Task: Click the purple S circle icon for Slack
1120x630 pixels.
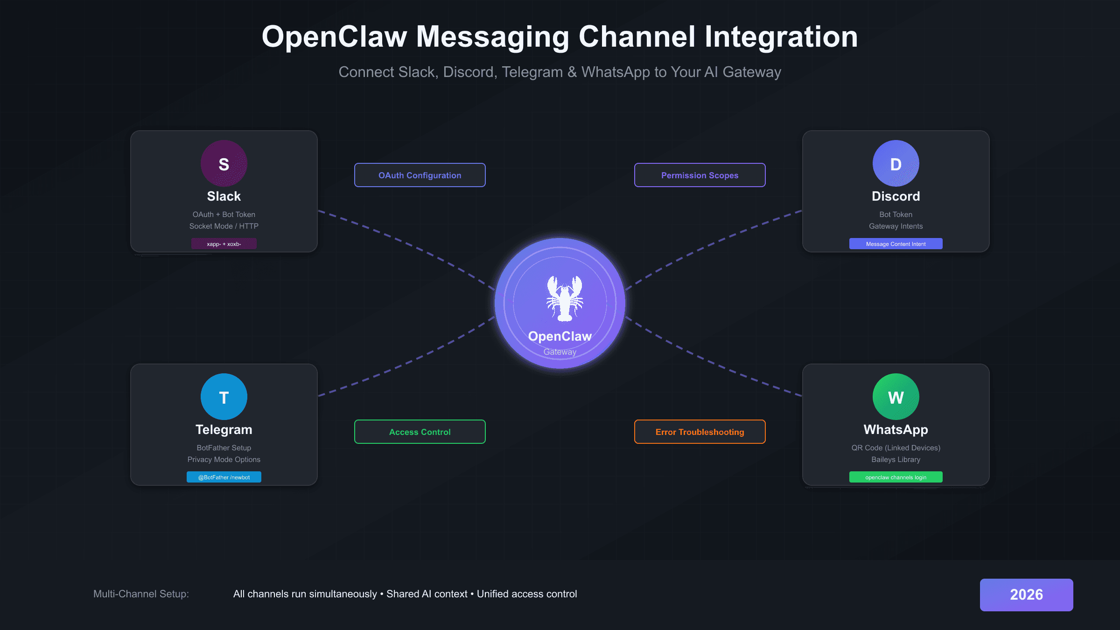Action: (x=224, y=163)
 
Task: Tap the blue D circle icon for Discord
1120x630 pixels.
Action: (x=896, y=163)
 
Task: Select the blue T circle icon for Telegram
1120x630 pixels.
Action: (x=224, y=397)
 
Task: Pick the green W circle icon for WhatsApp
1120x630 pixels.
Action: (x=896, y=397)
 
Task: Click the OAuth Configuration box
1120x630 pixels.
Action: (x=420, y=175)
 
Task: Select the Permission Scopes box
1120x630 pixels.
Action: (x=700, y=175)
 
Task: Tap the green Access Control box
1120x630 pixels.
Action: (x=420, y=432)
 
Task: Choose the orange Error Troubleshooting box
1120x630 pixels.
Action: (x=700, y=432)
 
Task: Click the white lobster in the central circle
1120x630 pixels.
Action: (x=565, y=299)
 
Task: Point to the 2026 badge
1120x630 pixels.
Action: (x=1026, y=595)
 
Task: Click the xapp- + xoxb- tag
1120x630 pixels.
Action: (x=224, y=244)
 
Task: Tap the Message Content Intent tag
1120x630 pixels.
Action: (x=896, y=244)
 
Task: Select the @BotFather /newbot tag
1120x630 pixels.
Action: (x=224, y=477)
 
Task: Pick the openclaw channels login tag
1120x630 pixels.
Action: (x=896, y=477)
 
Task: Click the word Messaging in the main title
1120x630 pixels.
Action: (x=492, y=37)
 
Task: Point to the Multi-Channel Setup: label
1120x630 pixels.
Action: (x=141, y=594)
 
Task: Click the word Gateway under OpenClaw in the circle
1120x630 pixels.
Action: (x=560, y=352)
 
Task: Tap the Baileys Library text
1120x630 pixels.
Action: (x=896, y=459)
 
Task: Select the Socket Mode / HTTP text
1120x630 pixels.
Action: (x=224, y=226)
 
